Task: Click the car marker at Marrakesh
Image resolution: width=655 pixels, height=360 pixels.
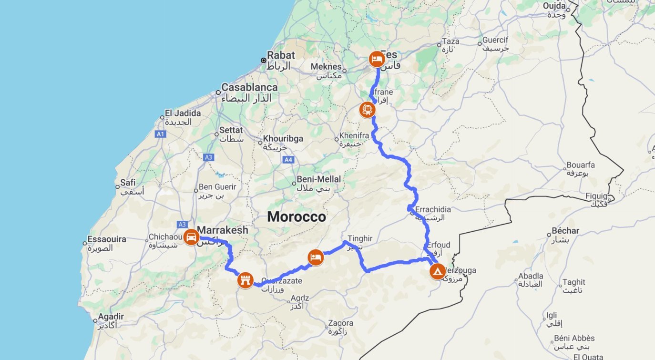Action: point(191,237)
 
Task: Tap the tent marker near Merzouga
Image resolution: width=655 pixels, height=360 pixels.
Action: point(437,271)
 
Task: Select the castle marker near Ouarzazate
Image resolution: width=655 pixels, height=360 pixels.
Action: point(245,280)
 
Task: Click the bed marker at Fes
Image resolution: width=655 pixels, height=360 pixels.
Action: point(377,59)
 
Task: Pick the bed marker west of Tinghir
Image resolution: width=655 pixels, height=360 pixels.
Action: point(316,257)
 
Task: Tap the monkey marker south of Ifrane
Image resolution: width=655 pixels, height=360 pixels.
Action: point(367,110)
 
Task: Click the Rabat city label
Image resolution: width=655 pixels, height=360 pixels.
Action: point(281,55)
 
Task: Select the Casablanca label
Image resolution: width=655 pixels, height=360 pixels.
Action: point(249,88)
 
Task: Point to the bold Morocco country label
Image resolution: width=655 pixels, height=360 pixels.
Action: point(297,217)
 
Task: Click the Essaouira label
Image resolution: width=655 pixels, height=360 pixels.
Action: point(107,239)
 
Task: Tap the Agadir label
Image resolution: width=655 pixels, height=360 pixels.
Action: point(111,317)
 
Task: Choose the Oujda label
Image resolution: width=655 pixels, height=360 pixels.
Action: point(554,6)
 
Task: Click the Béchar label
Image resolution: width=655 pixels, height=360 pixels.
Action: point(565,231)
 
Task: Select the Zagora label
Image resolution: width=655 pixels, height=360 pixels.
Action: point(340,323)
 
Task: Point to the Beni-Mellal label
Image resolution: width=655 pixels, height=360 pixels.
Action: point(318,179)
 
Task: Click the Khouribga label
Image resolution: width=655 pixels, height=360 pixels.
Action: point(283,139)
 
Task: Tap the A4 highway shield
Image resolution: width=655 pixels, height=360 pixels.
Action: point(288,159)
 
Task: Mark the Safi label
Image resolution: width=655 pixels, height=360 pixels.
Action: point(128,182)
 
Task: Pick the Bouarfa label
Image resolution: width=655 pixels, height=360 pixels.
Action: point(581,165)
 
